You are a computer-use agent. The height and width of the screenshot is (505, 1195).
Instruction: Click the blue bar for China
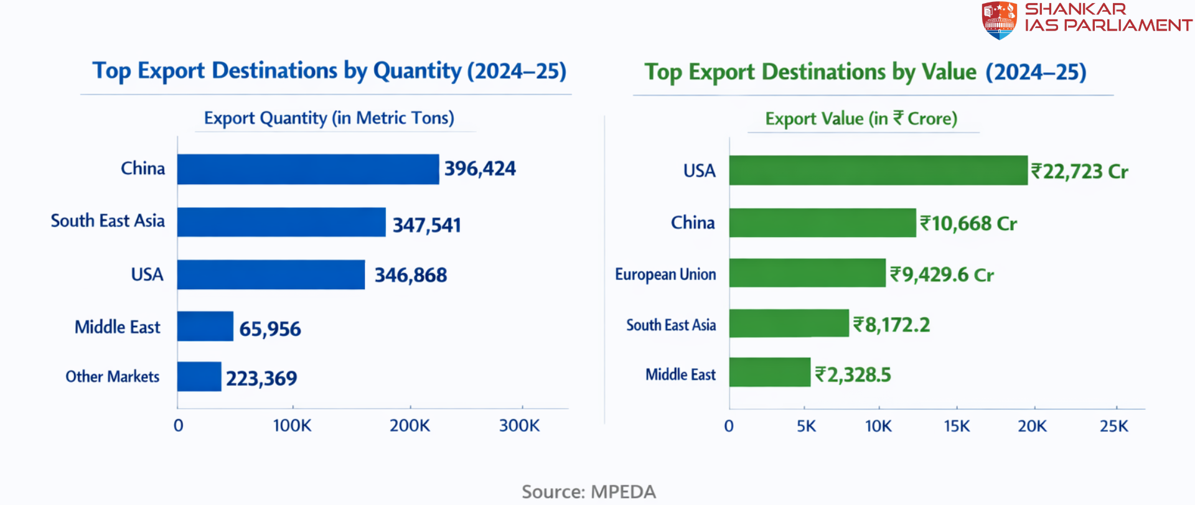pos(308,169)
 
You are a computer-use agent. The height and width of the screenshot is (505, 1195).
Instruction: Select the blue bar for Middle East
pos(205,327)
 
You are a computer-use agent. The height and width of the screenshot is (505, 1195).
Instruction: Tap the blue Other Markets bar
pos(199,377)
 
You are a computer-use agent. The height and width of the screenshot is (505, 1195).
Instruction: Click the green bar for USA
pos(878,170)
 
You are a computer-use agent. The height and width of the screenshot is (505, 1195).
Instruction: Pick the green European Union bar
pos(807,273)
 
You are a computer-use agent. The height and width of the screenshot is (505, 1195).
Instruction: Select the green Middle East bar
pos(770,372)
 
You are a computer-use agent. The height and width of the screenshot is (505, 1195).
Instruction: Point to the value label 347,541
pos(427,225)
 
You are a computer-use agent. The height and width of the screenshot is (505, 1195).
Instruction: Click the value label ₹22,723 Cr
pos(1079,172)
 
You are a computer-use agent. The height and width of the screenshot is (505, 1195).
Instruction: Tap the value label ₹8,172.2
pos(891,325)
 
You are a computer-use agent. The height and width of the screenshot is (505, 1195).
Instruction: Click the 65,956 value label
pos(270,328)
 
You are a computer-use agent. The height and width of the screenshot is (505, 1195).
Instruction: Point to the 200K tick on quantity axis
pos(410,426)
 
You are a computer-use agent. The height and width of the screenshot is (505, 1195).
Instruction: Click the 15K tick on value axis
pos(957,427)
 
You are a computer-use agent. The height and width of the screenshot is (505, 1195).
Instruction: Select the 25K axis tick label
pos(1113,427)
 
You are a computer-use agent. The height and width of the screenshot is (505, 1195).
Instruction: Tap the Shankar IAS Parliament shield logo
pos(999,20)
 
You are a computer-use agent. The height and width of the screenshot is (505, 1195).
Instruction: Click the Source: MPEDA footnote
pos(589,492)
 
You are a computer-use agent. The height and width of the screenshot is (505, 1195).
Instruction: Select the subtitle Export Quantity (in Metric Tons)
pos(329,118)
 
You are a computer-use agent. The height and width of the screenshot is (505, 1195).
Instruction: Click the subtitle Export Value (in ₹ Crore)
pos(861,119)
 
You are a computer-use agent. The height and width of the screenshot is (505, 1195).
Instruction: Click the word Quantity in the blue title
pos(417,72)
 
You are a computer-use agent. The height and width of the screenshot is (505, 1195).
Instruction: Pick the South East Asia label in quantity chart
pos(108,221)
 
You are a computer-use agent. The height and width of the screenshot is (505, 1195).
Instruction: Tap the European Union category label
pos(665,274)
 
